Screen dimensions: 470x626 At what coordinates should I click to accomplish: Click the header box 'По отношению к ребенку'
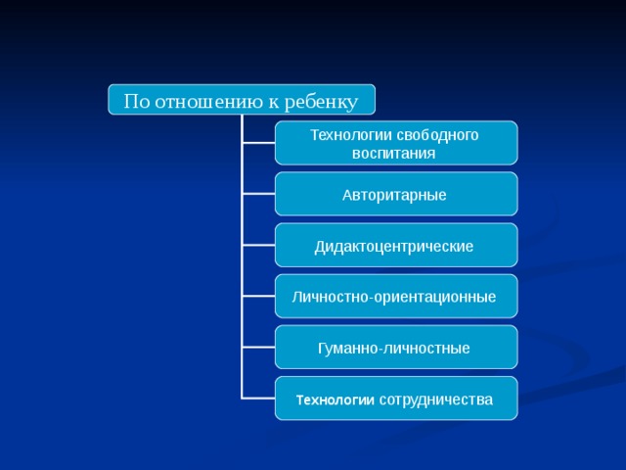(x=241, y=100)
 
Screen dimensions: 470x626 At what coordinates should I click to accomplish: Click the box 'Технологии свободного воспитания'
(x=395, y=143)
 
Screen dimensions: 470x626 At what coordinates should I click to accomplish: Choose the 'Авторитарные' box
(x=395, y=195)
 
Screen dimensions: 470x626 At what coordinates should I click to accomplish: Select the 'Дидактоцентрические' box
(x=395, y=246)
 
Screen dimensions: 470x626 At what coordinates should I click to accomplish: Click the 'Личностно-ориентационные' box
(x=395, y=297)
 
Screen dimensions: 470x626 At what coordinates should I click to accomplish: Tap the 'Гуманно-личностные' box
(x=395, y=348)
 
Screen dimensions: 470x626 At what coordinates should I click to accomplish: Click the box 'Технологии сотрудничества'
(x=395, y=399)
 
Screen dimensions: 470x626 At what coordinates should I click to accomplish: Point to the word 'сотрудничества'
(x=435, y=399)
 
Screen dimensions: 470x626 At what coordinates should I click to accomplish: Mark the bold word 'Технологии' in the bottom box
(x=335, y=399)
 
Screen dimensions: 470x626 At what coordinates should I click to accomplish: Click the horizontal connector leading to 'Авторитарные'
(x=258, y=194)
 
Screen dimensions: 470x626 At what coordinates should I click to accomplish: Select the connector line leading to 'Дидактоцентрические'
(x=258, y=245)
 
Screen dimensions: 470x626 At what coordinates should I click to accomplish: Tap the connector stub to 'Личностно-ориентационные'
(x=258, y=296)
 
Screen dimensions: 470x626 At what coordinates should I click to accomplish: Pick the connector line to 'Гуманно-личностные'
(x=258, y=347)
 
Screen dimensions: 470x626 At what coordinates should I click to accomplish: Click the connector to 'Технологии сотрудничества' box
(x=258, y=398)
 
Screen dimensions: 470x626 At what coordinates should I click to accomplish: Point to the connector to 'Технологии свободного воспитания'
(x=258, y=143)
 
